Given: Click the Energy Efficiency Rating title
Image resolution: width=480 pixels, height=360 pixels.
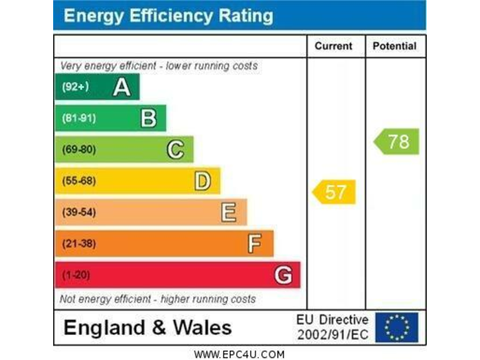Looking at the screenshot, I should [168, 16].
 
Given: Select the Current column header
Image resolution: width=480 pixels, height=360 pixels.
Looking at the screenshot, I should [333, 46].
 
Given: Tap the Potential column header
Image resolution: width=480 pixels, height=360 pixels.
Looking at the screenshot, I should [394, 46].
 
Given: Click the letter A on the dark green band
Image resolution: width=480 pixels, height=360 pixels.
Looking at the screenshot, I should [122, 87].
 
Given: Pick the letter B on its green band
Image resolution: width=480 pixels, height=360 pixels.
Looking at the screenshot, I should [149, 118].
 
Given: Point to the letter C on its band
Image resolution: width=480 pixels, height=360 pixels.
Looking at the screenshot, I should [176, 149].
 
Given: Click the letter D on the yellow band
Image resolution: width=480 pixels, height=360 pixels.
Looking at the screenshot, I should [202, 181].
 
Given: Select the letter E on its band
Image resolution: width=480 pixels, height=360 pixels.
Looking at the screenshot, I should [229, 212].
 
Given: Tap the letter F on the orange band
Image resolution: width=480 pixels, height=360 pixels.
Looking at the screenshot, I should [254, 244].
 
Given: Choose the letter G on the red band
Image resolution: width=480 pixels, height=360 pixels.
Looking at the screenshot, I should [283, 275].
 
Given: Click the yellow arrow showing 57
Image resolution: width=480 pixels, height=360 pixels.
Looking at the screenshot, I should [334, 192].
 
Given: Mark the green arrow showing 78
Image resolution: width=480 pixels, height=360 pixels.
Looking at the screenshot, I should [397, 141].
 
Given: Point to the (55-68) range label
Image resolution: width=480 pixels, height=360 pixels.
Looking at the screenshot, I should [79, 181].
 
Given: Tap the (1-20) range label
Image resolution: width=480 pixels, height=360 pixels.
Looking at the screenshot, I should [74, 275].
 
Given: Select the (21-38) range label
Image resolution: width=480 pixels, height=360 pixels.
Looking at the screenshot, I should [79, 244].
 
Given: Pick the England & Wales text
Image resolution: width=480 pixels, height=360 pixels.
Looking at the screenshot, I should [147, 327].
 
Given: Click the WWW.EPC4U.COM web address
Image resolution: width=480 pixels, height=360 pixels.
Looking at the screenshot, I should [239, 354].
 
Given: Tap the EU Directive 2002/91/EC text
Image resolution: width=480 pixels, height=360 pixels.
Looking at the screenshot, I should [332, 327].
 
